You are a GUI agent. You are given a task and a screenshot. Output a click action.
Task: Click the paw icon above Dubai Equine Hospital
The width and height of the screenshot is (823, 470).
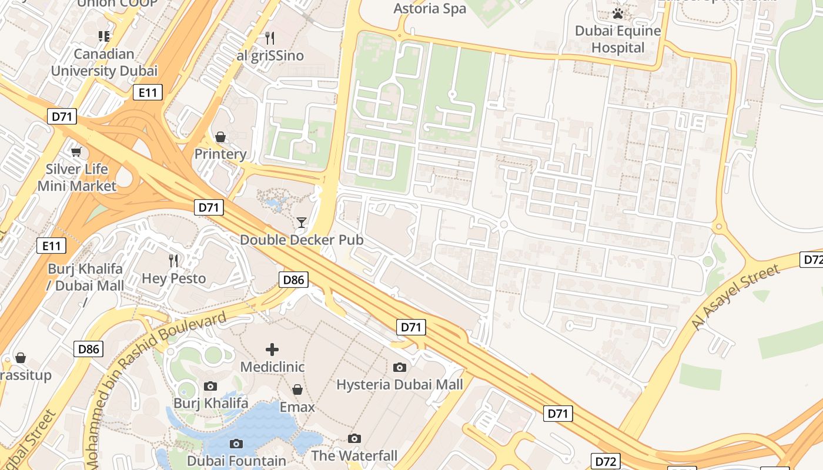pyautogui.click(x=618, y=13)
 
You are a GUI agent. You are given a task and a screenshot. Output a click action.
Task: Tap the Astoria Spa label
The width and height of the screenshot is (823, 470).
pyautogui.click(x=430, y=8)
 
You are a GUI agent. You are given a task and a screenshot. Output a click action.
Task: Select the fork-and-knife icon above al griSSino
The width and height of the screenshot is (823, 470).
pyautogui.click(x=270, y=38)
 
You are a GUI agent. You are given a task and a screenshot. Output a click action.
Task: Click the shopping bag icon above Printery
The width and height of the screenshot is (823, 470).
pyautogui.click(x=220, y=137)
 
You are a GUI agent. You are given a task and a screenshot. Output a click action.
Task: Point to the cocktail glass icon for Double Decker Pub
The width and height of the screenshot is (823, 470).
pyautogui.click(x=302, y=222)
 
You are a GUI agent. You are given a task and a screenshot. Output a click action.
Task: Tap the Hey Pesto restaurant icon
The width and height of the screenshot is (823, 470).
pyautogui.click(x=173, y=260)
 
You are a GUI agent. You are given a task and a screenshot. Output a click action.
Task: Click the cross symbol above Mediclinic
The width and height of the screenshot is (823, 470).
pyautogui.click(x=272, y=350)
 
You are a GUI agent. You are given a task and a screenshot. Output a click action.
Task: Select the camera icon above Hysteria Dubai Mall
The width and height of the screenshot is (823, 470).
pyautogui.click(x=400, y=367)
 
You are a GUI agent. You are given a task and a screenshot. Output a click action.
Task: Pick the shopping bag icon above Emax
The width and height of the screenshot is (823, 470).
pyautogui.click(x=297, y=390)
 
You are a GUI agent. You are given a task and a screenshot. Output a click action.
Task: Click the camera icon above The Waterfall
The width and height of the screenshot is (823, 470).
pyautogui.click(x=354, y=438)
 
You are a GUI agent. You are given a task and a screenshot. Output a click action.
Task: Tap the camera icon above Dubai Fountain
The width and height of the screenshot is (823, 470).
pyautogui.click(x=236, y=444)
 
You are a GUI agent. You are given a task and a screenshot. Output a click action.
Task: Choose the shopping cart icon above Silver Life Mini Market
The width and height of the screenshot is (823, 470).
pyautogui.click(x=76, y=152)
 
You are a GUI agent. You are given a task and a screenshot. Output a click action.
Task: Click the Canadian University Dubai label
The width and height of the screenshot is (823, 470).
pyautogui.click(x=104, y=62)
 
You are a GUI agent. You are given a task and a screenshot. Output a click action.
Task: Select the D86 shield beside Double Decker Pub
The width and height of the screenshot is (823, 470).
pyautogui.click(x=293, y=280)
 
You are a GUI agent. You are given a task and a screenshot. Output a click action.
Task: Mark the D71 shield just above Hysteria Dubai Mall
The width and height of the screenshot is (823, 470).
pyautogui.click(x=410, y=327)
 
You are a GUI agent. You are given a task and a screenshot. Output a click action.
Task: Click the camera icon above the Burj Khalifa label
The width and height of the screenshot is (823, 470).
pyautogui.click(x=210, y=386)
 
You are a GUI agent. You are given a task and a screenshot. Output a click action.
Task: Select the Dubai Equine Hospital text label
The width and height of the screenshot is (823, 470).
pyautogui.click(x=618, y=39)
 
